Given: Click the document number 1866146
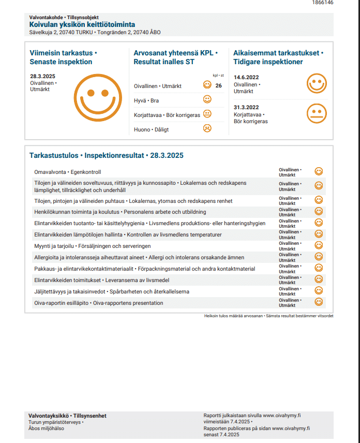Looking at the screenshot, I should (323, 3).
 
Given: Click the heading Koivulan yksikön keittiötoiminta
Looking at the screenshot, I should (82, 24).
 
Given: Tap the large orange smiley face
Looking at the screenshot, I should (97, 97).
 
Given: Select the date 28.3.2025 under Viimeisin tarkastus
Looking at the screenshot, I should (42, 77).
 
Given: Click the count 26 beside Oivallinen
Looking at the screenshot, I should (218, 86).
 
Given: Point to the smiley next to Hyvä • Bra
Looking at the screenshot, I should (207, 99).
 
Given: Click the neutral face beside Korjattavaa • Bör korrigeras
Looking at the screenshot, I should (207, 114).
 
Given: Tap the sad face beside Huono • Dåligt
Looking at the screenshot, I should (207, 128).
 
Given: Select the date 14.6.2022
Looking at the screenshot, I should (246, 77).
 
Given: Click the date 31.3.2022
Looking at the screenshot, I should (246, 108).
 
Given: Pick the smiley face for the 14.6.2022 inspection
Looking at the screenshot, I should (317, 83).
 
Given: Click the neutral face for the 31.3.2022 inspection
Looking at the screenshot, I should (317, 113).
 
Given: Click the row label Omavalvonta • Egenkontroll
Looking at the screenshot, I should (67, 172).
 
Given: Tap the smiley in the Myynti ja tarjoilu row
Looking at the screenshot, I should (319, 245).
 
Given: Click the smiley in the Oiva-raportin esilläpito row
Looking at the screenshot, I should (319, 302).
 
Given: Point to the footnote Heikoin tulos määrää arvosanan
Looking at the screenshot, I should (233, 315).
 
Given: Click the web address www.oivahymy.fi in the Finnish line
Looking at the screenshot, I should (282, 415).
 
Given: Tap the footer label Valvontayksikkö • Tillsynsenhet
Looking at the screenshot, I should (68, 416).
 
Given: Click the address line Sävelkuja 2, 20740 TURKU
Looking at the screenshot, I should (62, 32).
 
